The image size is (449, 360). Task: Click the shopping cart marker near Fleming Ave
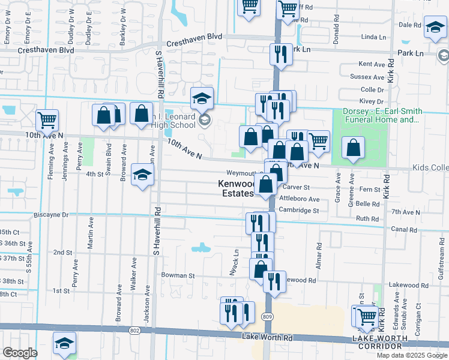click(x=47, y=120)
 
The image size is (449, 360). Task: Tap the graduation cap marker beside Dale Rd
click(x=435, y=28)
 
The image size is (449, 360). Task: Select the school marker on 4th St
click(x=142, y=175)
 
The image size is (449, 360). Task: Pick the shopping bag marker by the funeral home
click(x=353, y=148)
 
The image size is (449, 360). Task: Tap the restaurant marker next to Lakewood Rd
click(x=274, y=281)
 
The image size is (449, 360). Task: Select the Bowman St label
click(x=178, y=275)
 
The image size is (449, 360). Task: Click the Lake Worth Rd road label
click(x=267, y=337)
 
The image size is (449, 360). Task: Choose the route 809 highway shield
click(x=268, y=316)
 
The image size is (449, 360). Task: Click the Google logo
click(x=20, y=353)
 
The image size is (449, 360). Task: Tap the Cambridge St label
click(x=298, y=211)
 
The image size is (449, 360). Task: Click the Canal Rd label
click(x=403, y=229)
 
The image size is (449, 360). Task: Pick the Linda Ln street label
click(x=374, y=37)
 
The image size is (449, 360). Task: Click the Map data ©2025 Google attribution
click(x=411, y=355)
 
